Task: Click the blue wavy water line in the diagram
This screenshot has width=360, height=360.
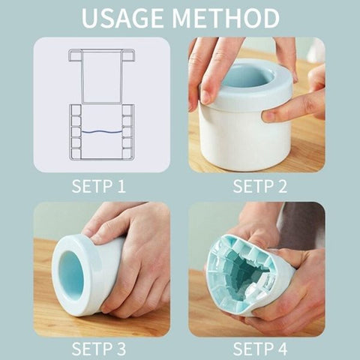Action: tap(101, 131)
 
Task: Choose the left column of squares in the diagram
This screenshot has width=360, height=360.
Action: tap(76, 130)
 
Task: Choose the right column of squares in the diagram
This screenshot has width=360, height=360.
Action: tap(127, 130)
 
